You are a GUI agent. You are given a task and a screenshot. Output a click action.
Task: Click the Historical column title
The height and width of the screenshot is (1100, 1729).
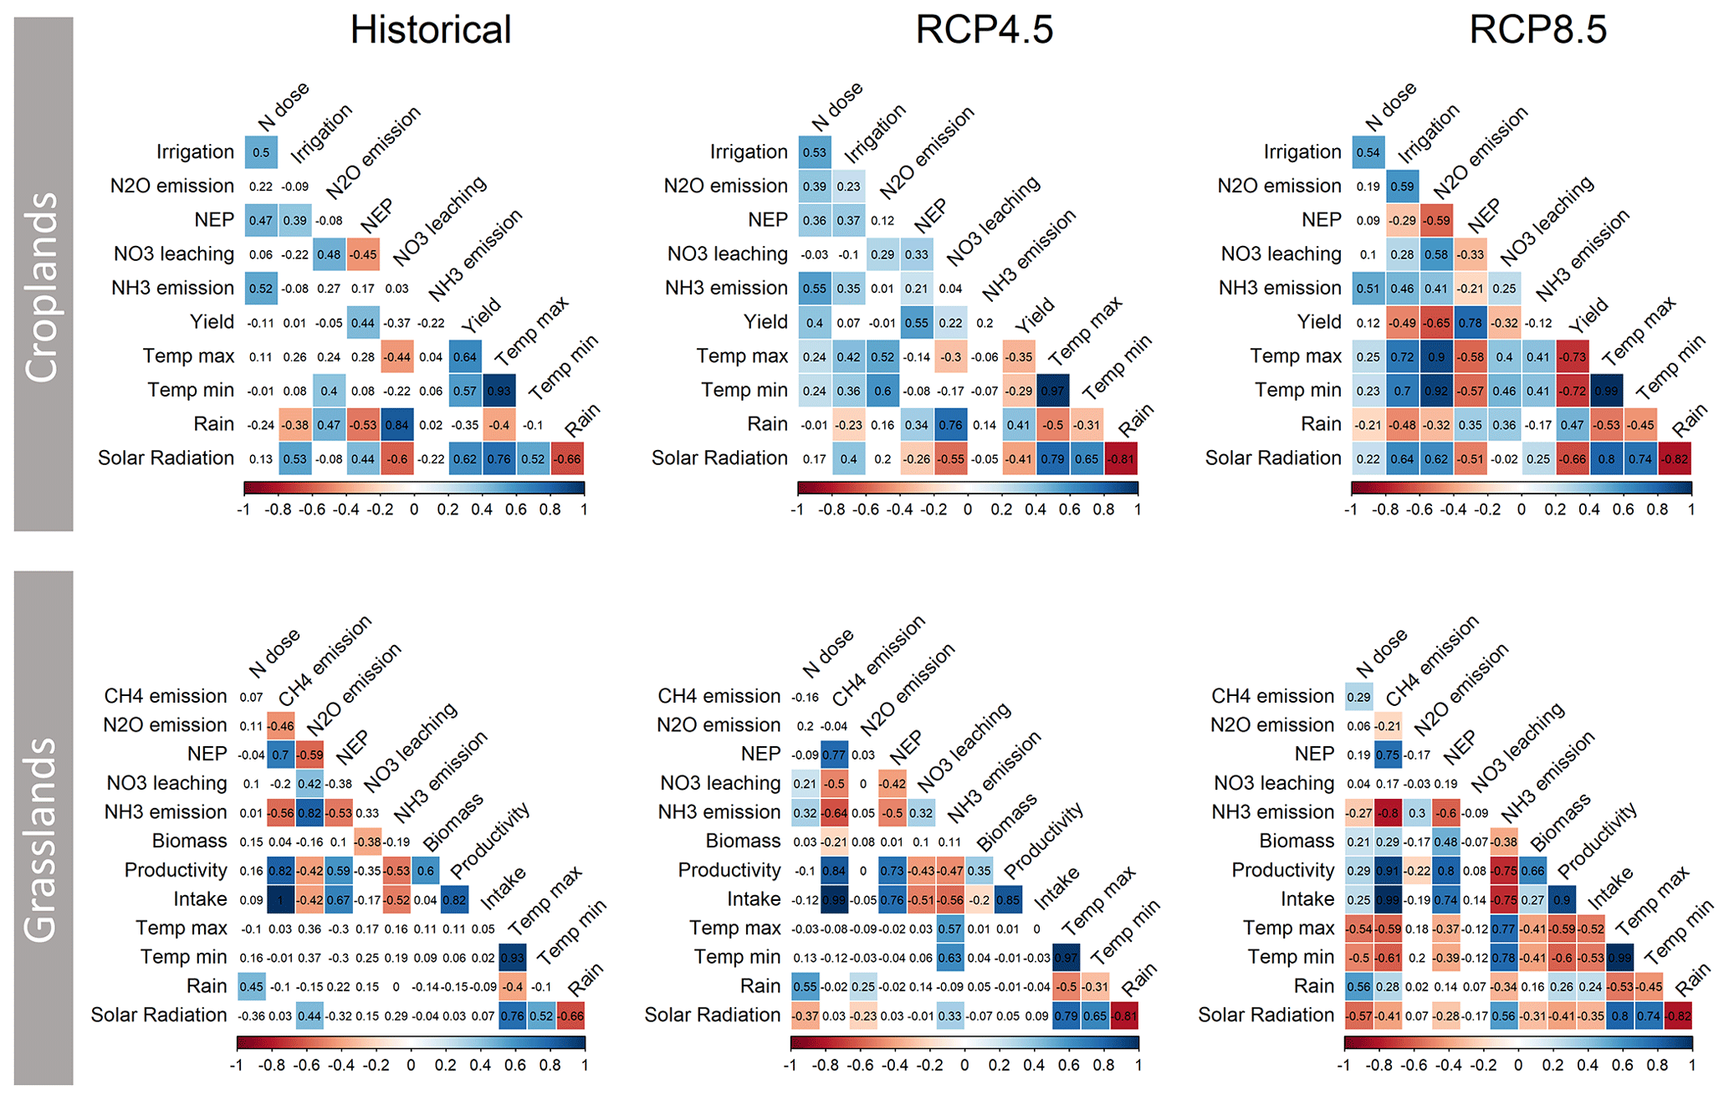430,30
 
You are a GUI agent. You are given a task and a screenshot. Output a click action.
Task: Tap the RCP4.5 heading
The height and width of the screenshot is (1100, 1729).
984,30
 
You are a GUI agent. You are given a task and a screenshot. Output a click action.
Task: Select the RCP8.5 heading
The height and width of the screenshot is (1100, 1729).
1537,30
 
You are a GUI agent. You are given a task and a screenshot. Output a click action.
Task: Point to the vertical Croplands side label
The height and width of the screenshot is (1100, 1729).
43,286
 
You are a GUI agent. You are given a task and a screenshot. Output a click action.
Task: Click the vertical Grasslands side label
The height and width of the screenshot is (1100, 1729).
43,839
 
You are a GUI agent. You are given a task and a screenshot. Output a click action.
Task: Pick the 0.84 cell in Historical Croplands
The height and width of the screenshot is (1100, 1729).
396,425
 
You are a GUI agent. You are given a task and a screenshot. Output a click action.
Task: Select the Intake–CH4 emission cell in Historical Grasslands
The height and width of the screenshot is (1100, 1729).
280,899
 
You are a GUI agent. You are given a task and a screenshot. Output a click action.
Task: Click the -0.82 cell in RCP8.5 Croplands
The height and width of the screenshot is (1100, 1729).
1675,459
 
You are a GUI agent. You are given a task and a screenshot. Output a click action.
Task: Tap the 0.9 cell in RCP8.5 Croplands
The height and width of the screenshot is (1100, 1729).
1436,357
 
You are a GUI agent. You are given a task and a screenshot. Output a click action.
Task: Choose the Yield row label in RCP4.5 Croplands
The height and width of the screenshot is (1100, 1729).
765,322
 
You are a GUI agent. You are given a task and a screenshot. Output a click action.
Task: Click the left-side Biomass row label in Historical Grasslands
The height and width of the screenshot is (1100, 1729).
189,841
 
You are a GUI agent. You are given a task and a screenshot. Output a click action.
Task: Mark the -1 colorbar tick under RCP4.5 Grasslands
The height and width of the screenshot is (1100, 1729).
790,1066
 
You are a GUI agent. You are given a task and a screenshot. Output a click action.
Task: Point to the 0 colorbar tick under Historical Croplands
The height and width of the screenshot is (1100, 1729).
414,509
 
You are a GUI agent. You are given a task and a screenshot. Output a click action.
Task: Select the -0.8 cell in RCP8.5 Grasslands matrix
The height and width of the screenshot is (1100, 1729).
1389,812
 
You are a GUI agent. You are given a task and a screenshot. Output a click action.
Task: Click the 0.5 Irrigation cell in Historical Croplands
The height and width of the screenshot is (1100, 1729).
261,152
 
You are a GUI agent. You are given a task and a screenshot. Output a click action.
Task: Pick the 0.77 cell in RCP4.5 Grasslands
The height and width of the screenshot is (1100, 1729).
834,755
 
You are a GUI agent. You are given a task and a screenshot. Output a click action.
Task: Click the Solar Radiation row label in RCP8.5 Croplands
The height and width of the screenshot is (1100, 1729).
1272,458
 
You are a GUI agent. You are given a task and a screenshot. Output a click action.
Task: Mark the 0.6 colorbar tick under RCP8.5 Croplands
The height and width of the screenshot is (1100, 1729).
1623,509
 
